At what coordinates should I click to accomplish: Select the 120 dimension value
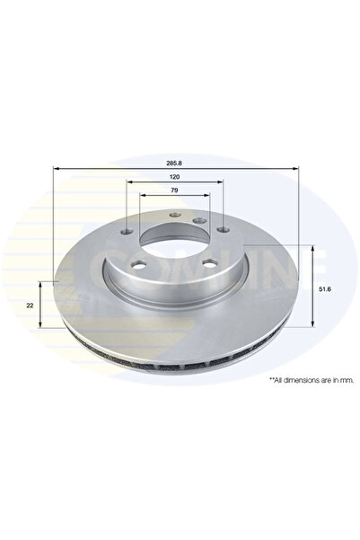tap(175, 178)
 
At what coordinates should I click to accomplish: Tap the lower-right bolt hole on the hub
tap(208, 262)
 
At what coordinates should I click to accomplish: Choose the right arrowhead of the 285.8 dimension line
tap(296, 169)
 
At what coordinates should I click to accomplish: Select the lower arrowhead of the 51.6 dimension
tap(312, 321)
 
